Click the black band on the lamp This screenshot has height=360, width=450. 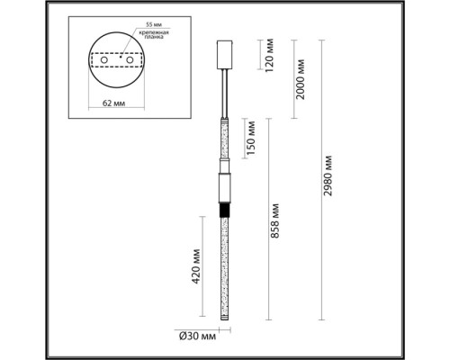coord(224,208)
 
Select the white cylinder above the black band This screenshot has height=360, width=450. coord(224,188)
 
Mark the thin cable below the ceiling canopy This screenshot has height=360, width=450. coord(224,90)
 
